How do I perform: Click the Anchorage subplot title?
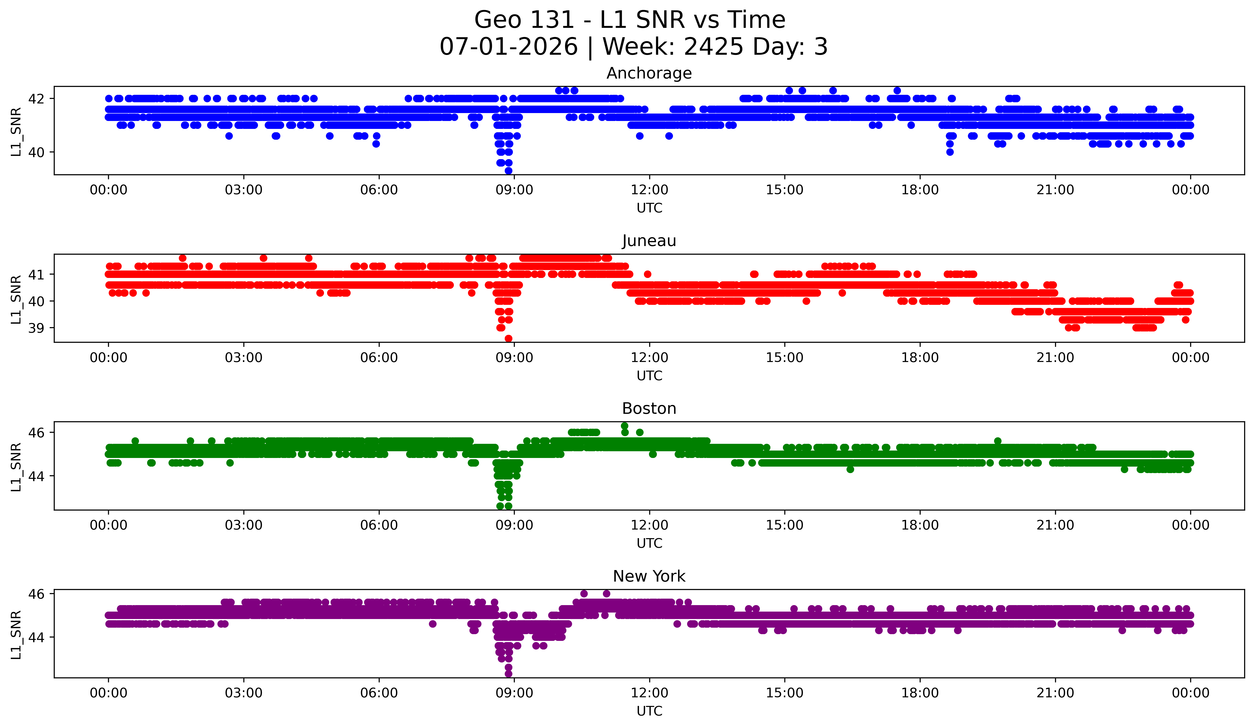(x=649, y=73)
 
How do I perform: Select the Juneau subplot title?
(x=649, y=241)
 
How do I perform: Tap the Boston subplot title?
(x=649, y=409)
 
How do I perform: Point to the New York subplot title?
(x=649, y=576)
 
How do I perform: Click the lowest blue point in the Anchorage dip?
(x=508, y=171)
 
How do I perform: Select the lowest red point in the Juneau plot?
(x=508, y=338)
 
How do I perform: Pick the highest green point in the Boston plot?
(x=624, y=426)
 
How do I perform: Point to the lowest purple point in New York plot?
(x=508, y=674)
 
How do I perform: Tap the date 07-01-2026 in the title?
(x=509, y=47)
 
